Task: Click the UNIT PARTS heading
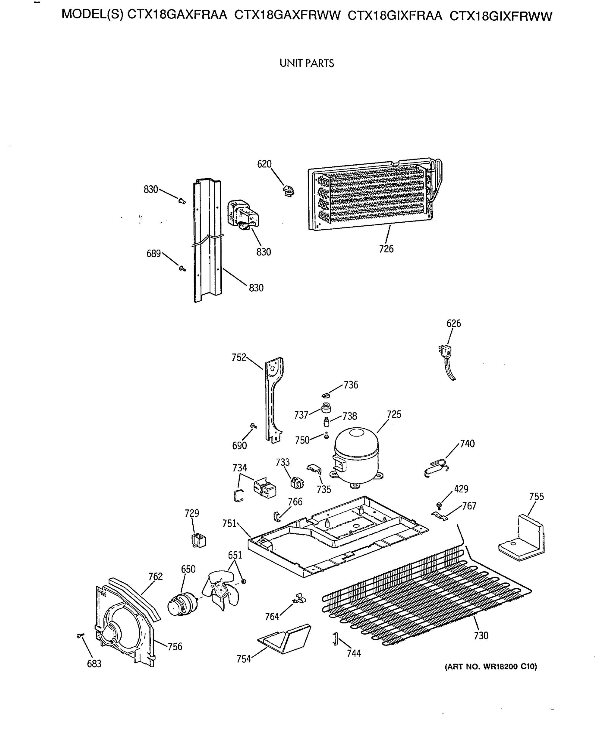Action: [307, 63]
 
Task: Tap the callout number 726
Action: [386, 249]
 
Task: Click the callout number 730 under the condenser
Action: [481, 635]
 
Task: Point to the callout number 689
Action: [154, 254]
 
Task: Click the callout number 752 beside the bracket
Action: [239, 357]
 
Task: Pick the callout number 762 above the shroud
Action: [156, 576]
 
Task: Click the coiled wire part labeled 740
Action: [436, 467]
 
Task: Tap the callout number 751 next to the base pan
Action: [229, 523]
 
